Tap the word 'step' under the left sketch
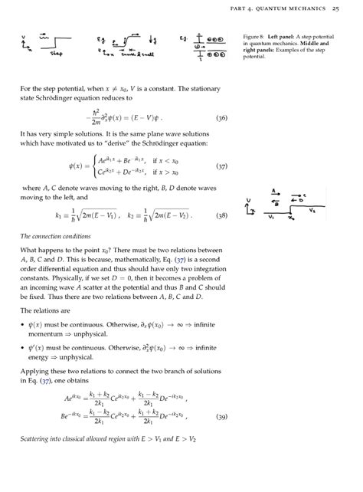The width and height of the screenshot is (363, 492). tap(55, 54)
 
